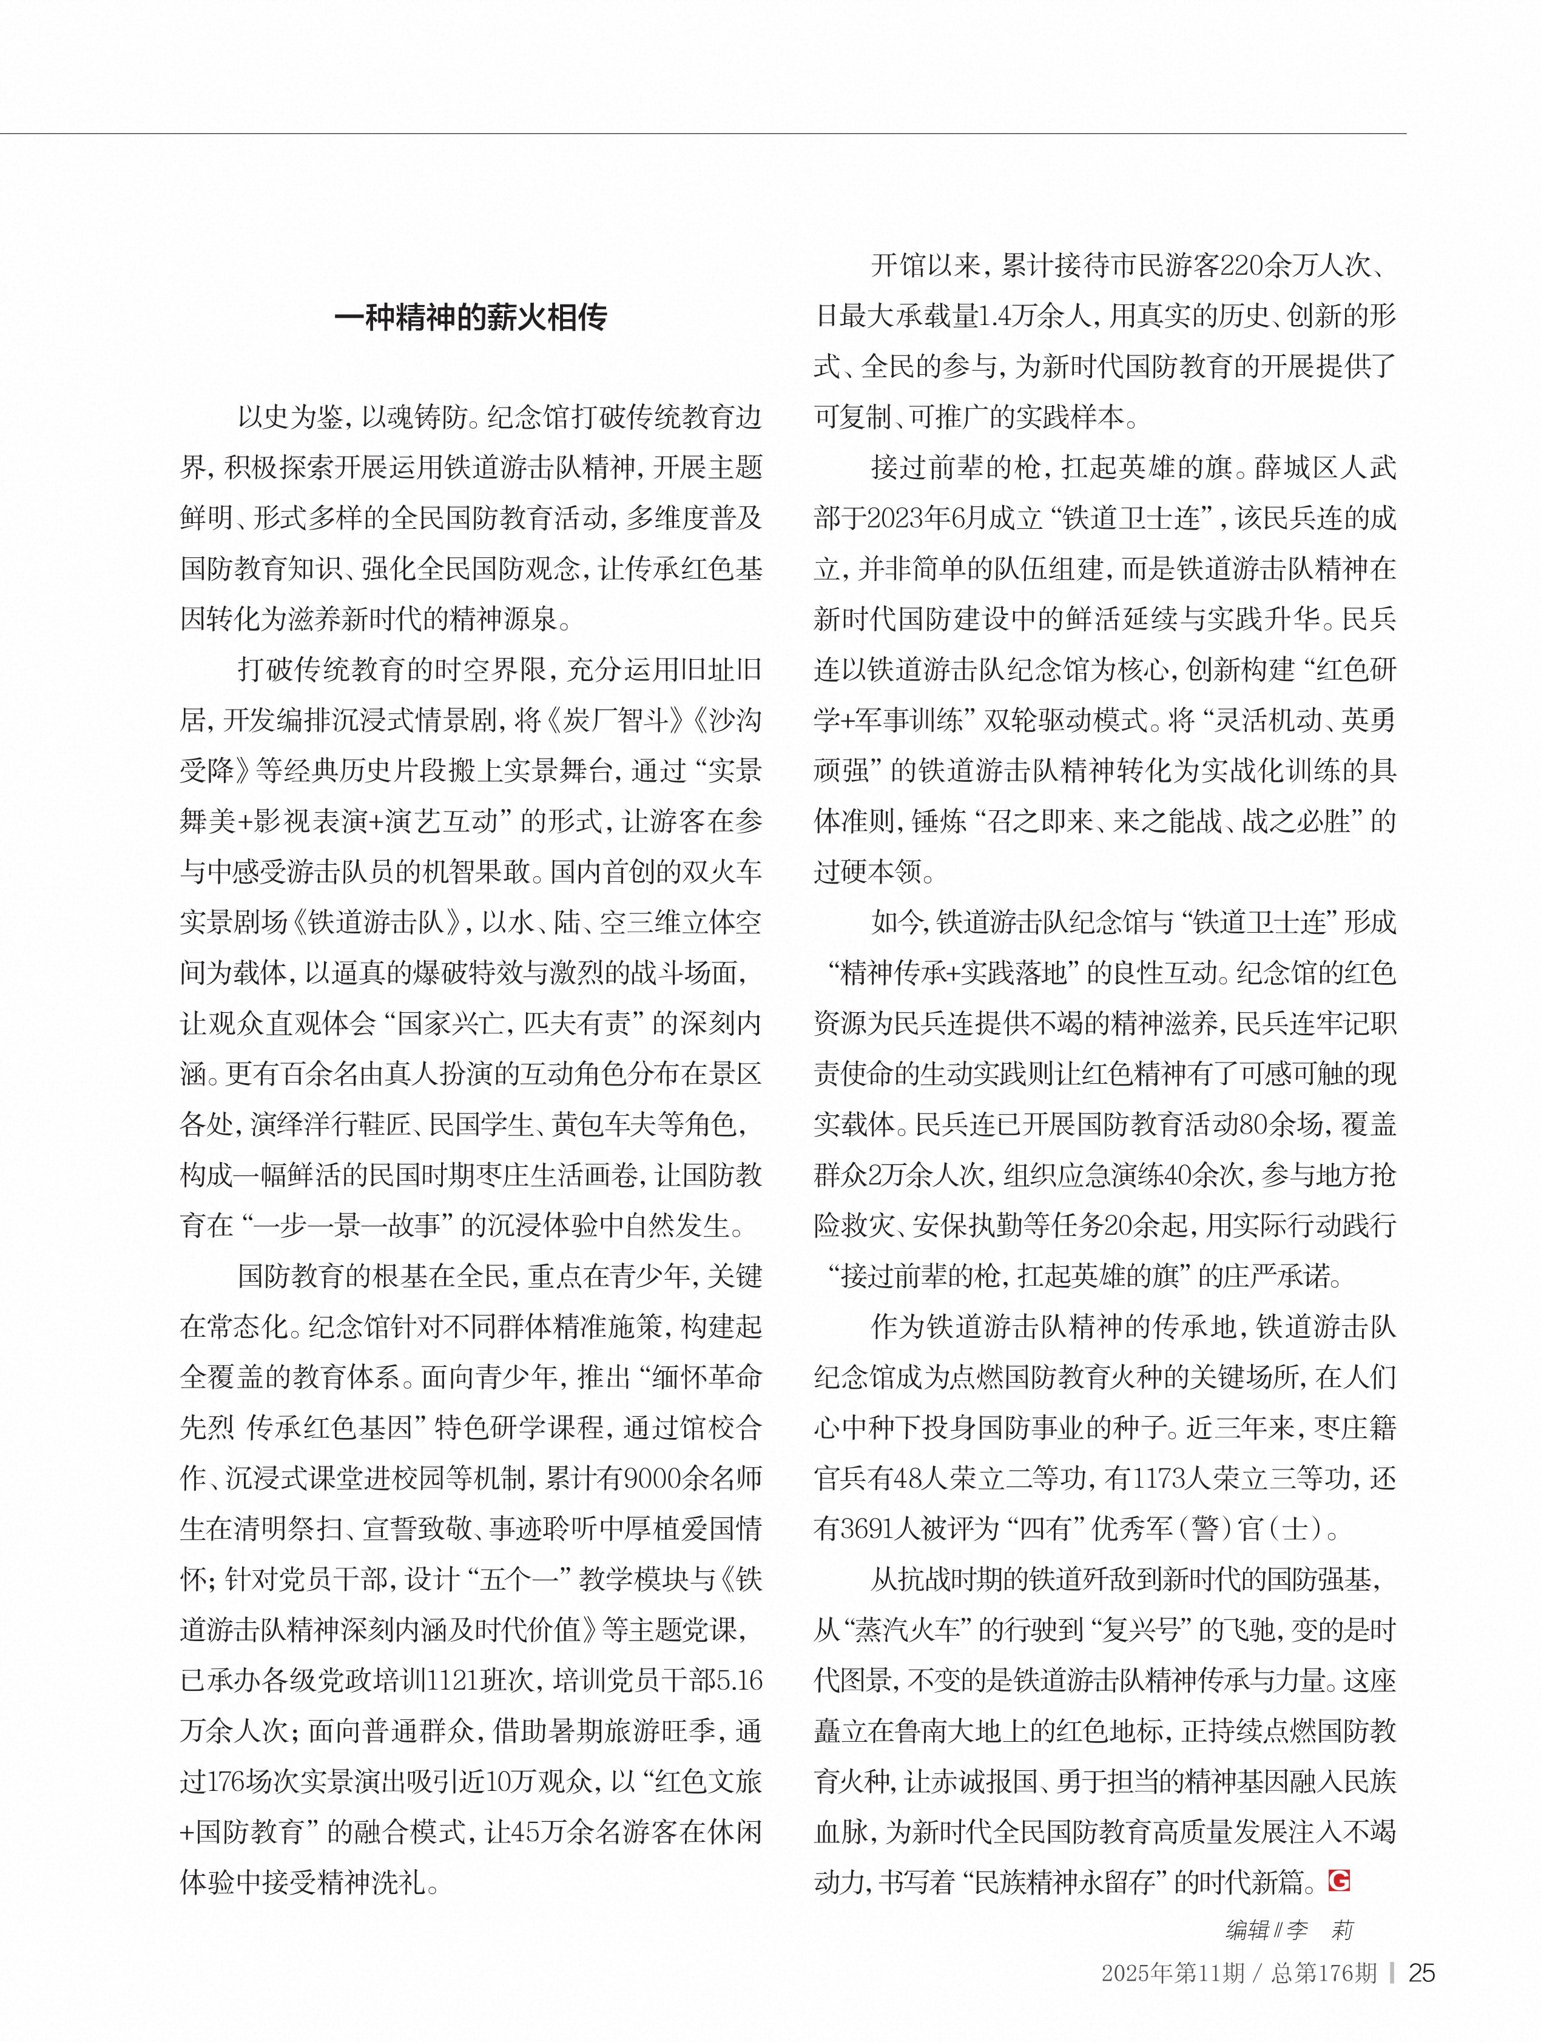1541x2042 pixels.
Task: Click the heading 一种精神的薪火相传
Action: click(x=470, y=318)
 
